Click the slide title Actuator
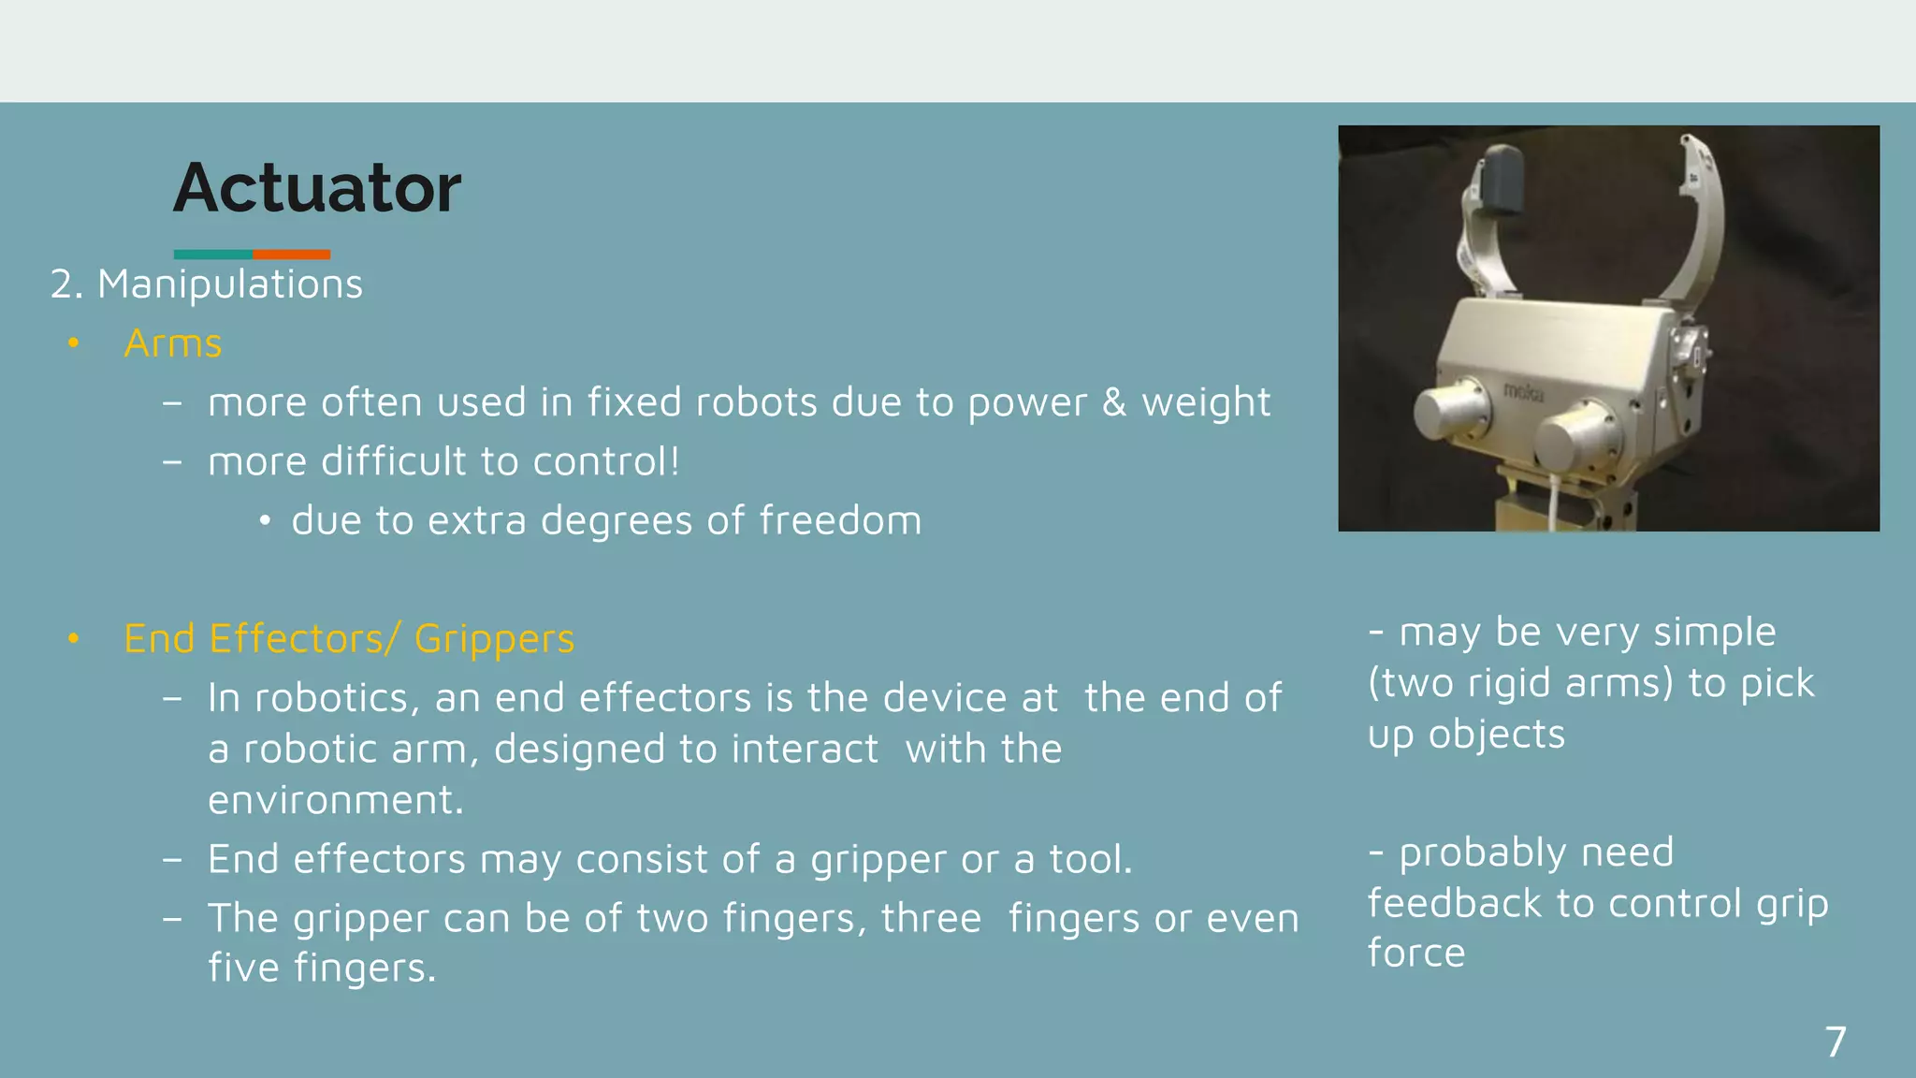pos(317,188)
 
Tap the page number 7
pos(1836,1042)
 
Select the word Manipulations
pos(230,284)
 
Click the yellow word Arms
pos(173,343)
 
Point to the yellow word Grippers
pos(494,639)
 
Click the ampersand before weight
pos(1113,402)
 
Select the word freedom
pos(840,520)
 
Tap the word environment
pos(335,800)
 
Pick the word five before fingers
pos(243,968)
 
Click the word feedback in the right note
pos(1454,904)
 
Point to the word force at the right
pos(1416,954)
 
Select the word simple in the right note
pos(1714,633)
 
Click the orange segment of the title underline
pos(291,255)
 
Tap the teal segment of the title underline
pos(212,255)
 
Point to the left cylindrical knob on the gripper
pos(1451,409)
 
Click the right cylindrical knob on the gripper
pos(1576,438)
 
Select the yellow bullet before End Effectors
pos(74,639)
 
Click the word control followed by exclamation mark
pos(606,461)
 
